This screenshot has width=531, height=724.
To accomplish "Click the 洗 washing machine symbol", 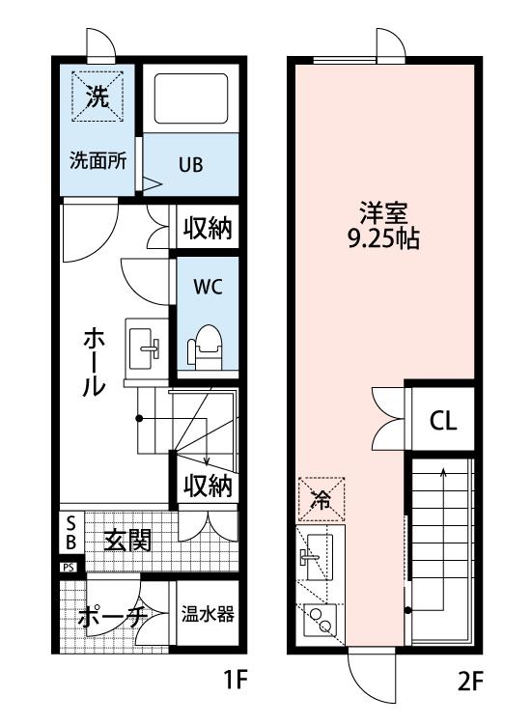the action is click(x=98, y=97).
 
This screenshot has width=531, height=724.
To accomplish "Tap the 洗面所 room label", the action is click(x=98, y=160).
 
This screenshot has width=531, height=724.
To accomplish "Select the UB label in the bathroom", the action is click(x=191, y=164).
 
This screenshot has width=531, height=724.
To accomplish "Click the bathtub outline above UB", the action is click(x=191, y=98).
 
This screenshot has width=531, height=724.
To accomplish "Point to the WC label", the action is click(x=208, y=287).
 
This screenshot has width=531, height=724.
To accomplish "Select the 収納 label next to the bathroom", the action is click(x=208, y=228).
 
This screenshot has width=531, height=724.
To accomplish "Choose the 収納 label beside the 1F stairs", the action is click(x=208, y=486).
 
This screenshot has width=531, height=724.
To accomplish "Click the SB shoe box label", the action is click(x=71, y=532).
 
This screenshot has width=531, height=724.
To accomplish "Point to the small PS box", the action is click(x=70, y=568).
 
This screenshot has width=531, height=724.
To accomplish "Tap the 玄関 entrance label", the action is click(x=127, y=541).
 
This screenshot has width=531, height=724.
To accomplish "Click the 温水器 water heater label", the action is click(x=208, y=614).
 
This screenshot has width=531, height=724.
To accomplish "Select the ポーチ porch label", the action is click(x=113, y=616).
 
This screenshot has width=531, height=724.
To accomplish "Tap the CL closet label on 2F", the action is click(x=443, y=421).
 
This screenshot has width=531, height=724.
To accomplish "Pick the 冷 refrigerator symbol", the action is click(x=321, y=499).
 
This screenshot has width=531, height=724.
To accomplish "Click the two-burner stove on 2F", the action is click(x=321, y=621).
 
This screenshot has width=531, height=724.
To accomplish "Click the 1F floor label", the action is click(x=236, y=681).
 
